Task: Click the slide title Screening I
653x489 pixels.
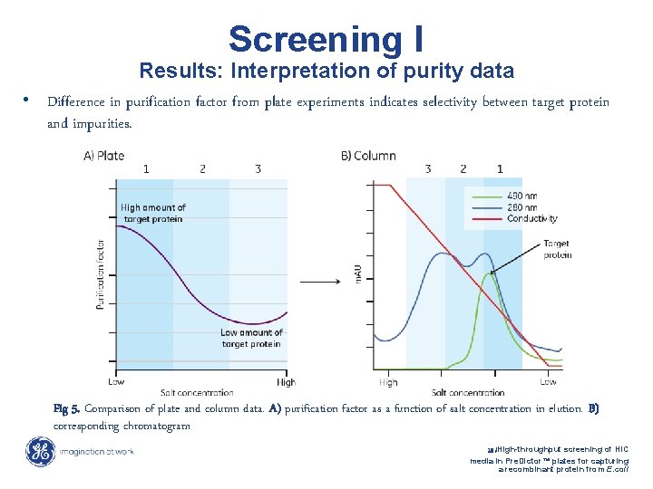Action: (x=326, y=39)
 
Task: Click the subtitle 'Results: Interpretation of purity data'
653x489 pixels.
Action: (x=326, y=71)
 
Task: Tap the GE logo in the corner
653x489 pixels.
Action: (x=40, y=451)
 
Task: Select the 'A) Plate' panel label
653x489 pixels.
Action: (x=103, y=156)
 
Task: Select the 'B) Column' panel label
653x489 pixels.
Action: (x=368, y=156)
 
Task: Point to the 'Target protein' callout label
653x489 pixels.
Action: (x=557, y=249)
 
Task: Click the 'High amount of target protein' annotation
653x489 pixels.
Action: (x=152, y=213)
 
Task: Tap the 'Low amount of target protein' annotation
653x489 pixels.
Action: (x=251, y=338)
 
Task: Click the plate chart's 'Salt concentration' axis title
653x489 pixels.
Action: (x=197, y=392)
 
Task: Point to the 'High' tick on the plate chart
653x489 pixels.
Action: (x=286, y=381)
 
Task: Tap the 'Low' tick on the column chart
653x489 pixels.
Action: (x=548, y=382)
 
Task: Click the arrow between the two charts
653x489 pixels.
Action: (x=320, y=282)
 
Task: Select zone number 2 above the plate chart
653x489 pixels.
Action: (x=202, y=169)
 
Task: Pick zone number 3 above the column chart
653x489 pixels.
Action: (x=428, y=169)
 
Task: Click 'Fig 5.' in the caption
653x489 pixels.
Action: (x=66, y=408)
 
